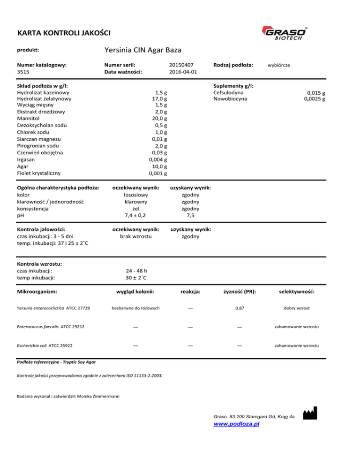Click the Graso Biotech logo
click(287, 34)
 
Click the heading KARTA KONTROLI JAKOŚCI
click(63, 33)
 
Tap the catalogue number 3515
click(23, 72)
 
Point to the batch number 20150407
click(181, 64)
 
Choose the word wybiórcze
click(278, 65)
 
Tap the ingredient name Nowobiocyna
click(230, 99)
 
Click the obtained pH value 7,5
click(190, 215)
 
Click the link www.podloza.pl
click(237, 423)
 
